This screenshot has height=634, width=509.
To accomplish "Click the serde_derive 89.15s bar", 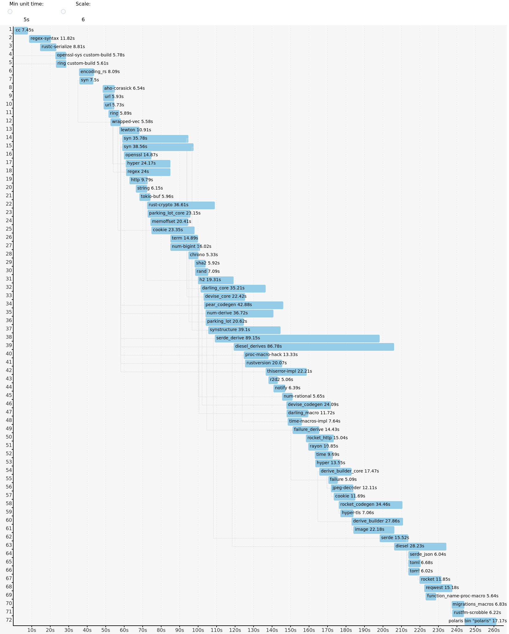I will [x=297, y=338].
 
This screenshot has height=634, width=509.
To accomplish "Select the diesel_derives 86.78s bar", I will [x=314, y=347].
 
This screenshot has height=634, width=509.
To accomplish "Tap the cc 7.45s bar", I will [x=21, y=31].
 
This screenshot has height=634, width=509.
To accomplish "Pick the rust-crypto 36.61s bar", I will [x=181, y=205].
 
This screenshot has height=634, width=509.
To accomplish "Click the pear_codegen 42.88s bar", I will [x=243, y=305].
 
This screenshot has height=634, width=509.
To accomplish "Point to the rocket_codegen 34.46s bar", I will [x=370, y=505].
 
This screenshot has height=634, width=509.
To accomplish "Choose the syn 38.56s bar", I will [x=158, y=147].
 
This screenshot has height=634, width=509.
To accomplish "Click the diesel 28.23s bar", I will [x=420, y=546].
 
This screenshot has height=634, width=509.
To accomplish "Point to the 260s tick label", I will [x=494, y=630].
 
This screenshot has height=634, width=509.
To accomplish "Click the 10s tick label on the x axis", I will [x=32, y=630].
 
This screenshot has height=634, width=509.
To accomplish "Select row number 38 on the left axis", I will [x=9, y=337].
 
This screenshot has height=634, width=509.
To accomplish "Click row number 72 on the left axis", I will [x=9, y=620].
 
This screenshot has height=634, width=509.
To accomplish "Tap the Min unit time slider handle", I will [x=10, y=12].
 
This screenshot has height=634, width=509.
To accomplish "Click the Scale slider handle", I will [x=63, y=12].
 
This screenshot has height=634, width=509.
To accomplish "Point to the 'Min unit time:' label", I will [x=26, y=4].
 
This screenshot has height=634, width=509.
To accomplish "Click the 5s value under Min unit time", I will [x=26, y=20].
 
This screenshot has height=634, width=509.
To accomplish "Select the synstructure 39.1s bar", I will [x=244, y=330].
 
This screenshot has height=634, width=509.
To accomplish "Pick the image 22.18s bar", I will [x=374, y=530].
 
